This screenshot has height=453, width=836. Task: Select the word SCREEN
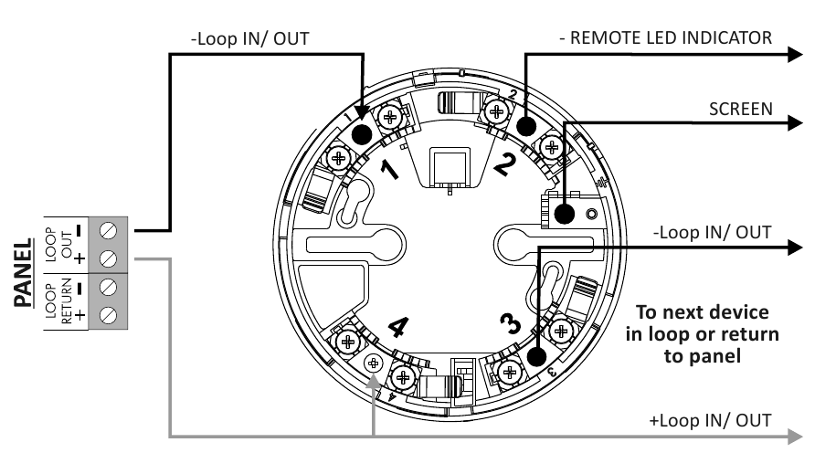click(x=741, y=109)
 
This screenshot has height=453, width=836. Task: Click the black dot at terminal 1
click(x=362, y=135)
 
